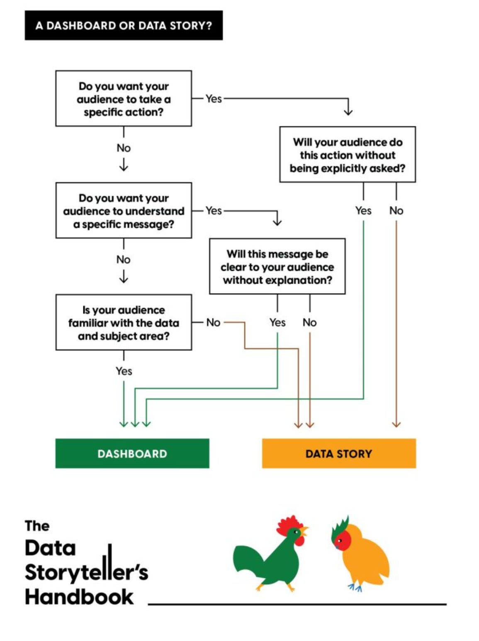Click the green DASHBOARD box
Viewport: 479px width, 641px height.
(132, 453)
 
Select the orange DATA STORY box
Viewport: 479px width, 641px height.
(338, 453)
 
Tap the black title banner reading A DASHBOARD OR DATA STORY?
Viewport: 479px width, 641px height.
(124, 26)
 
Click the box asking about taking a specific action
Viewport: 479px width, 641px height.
(124, 99)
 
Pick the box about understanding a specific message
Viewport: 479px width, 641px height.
(124, 211)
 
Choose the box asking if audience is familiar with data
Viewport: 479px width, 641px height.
(124, 323)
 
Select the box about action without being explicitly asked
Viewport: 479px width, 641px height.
(348, 155)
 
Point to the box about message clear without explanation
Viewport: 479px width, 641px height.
(277, 267)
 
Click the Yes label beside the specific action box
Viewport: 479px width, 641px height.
(214, 99)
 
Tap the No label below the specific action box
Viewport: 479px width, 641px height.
(124, 148)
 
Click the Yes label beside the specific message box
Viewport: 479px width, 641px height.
(214, 211)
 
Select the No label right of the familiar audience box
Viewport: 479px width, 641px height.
(213, 322)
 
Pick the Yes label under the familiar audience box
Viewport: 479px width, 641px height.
(124, 371)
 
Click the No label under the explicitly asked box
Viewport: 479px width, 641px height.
(396, 211)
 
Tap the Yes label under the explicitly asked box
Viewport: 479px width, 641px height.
(363, 211)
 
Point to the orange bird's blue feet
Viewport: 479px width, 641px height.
(355, 587)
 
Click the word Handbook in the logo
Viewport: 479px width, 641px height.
(79, 597)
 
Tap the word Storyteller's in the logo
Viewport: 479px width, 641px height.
(86, 572)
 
